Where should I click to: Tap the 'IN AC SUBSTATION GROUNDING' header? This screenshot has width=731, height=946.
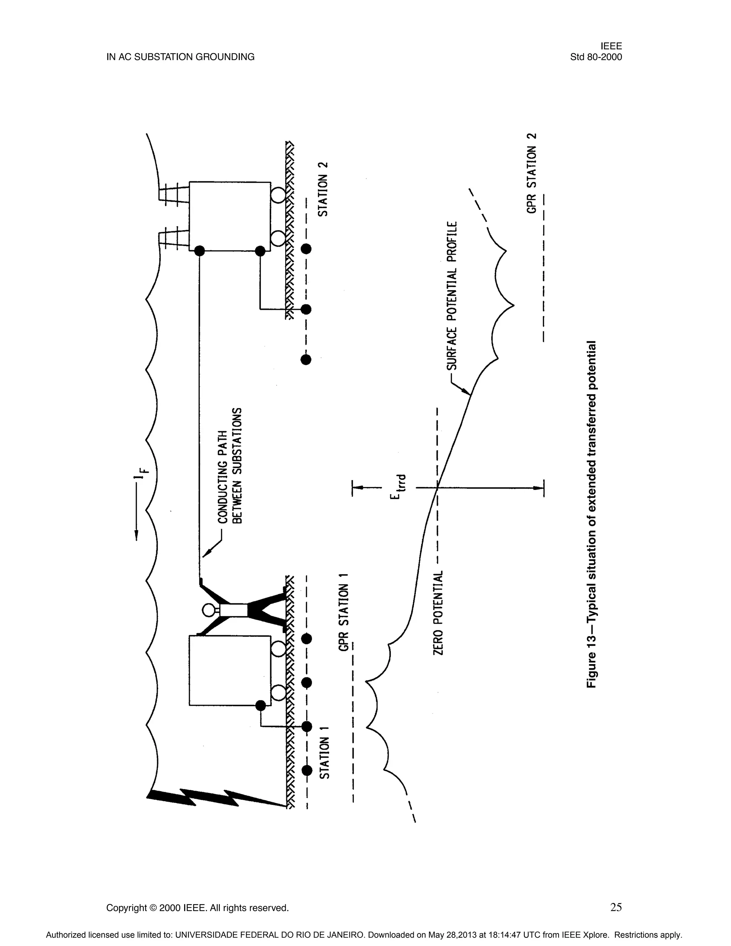pos(181,57)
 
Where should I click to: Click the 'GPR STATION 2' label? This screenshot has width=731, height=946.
pos(532,173)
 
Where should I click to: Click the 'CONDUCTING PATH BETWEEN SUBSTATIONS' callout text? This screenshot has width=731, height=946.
pos(230,466)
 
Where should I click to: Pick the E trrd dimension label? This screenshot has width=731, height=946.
pos(398,487)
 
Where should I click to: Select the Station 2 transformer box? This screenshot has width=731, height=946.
pos(230,217)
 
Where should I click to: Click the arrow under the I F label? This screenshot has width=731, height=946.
pos(136,511)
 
